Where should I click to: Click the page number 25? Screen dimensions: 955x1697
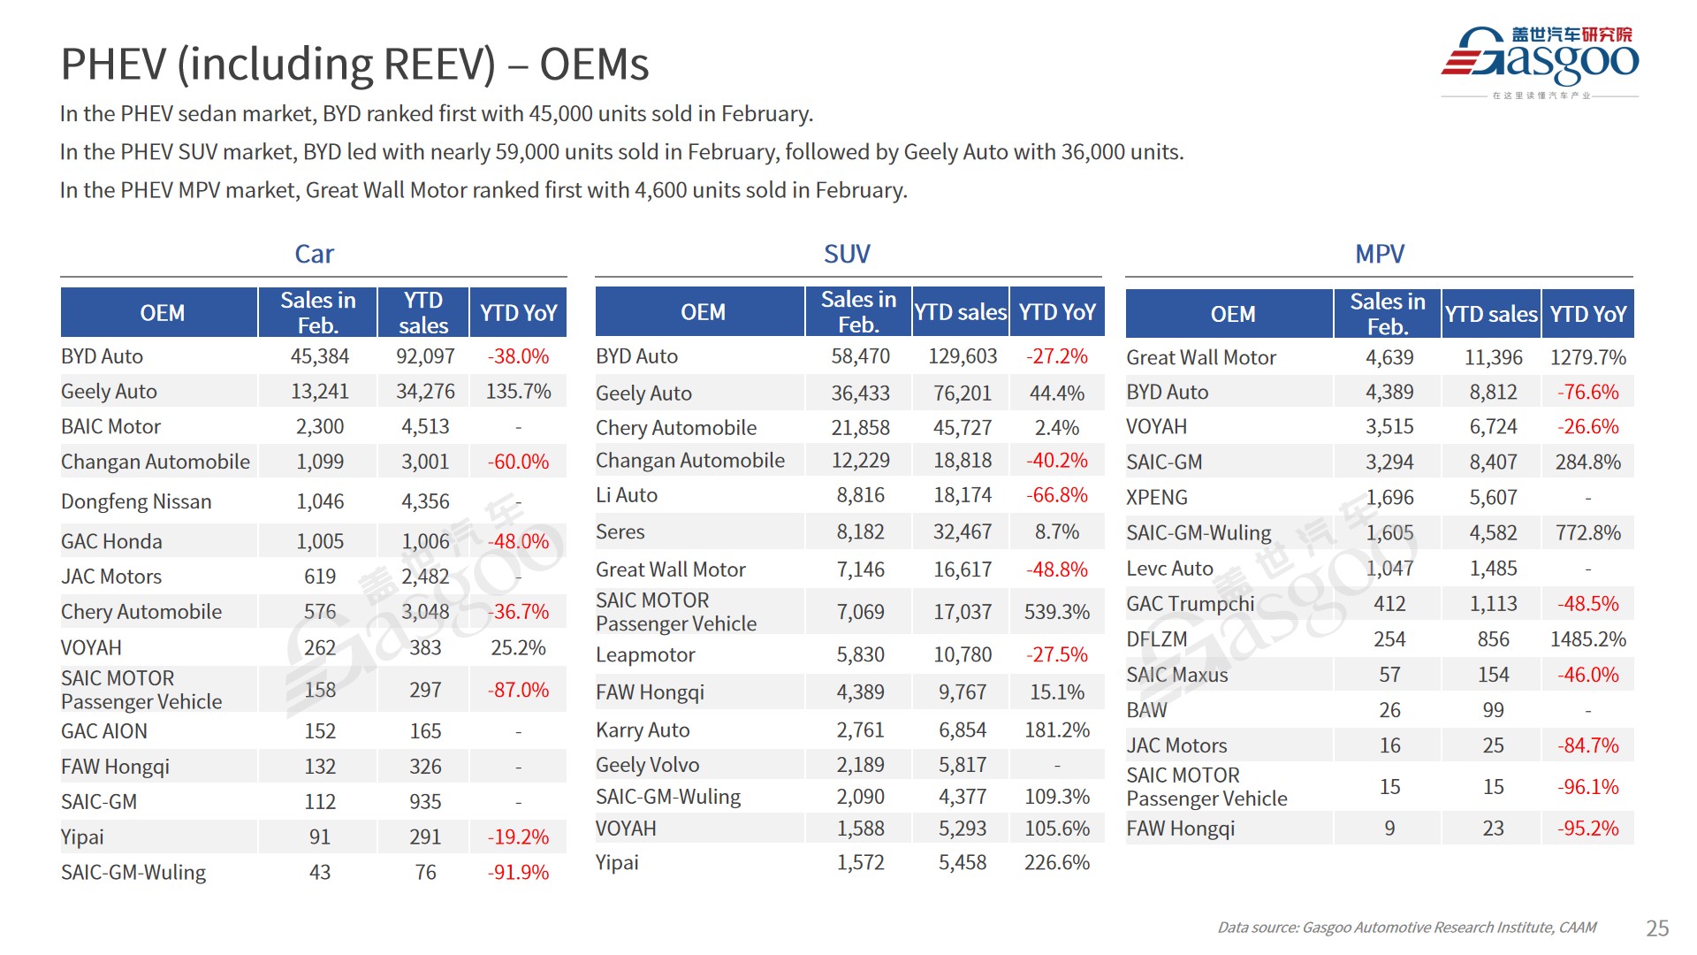1657,928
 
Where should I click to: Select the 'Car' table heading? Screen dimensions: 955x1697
314,254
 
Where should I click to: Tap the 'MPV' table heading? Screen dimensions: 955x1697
1379,254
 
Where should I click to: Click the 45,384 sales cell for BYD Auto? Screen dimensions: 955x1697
319,356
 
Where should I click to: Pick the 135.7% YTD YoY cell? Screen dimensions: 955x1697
518,392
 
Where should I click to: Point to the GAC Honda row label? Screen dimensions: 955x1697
111,541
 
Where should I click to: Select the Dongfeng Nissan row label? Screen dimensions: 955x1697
136,501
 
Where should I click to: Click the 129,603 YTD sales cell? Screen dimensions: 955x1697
962,356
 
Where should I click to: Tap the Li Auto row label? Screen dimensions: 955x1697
627,495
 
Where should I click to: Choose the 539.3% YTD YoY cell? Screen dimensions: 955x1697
1056,612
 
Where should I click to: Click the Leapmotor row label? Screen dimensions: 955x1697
645,655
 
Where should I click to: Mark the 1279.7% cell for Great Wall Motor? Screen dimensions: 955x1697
1587,357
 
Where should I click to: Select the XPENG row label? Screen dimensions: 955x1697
1156,498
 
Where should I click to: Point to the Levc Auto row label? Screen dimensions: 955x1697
1169,569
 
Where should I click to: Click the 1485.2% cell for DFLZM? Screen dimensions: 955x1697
1587,639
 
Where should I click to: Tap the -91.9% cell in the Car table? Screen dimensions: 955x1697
518,873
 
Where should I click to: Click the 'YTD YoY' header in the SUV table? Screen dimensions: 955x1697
1056,312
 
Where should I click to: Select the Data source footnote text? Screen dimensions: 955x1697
1406,928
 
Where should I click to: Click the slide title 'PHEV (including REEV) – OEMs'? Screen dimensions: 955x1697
354,64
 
